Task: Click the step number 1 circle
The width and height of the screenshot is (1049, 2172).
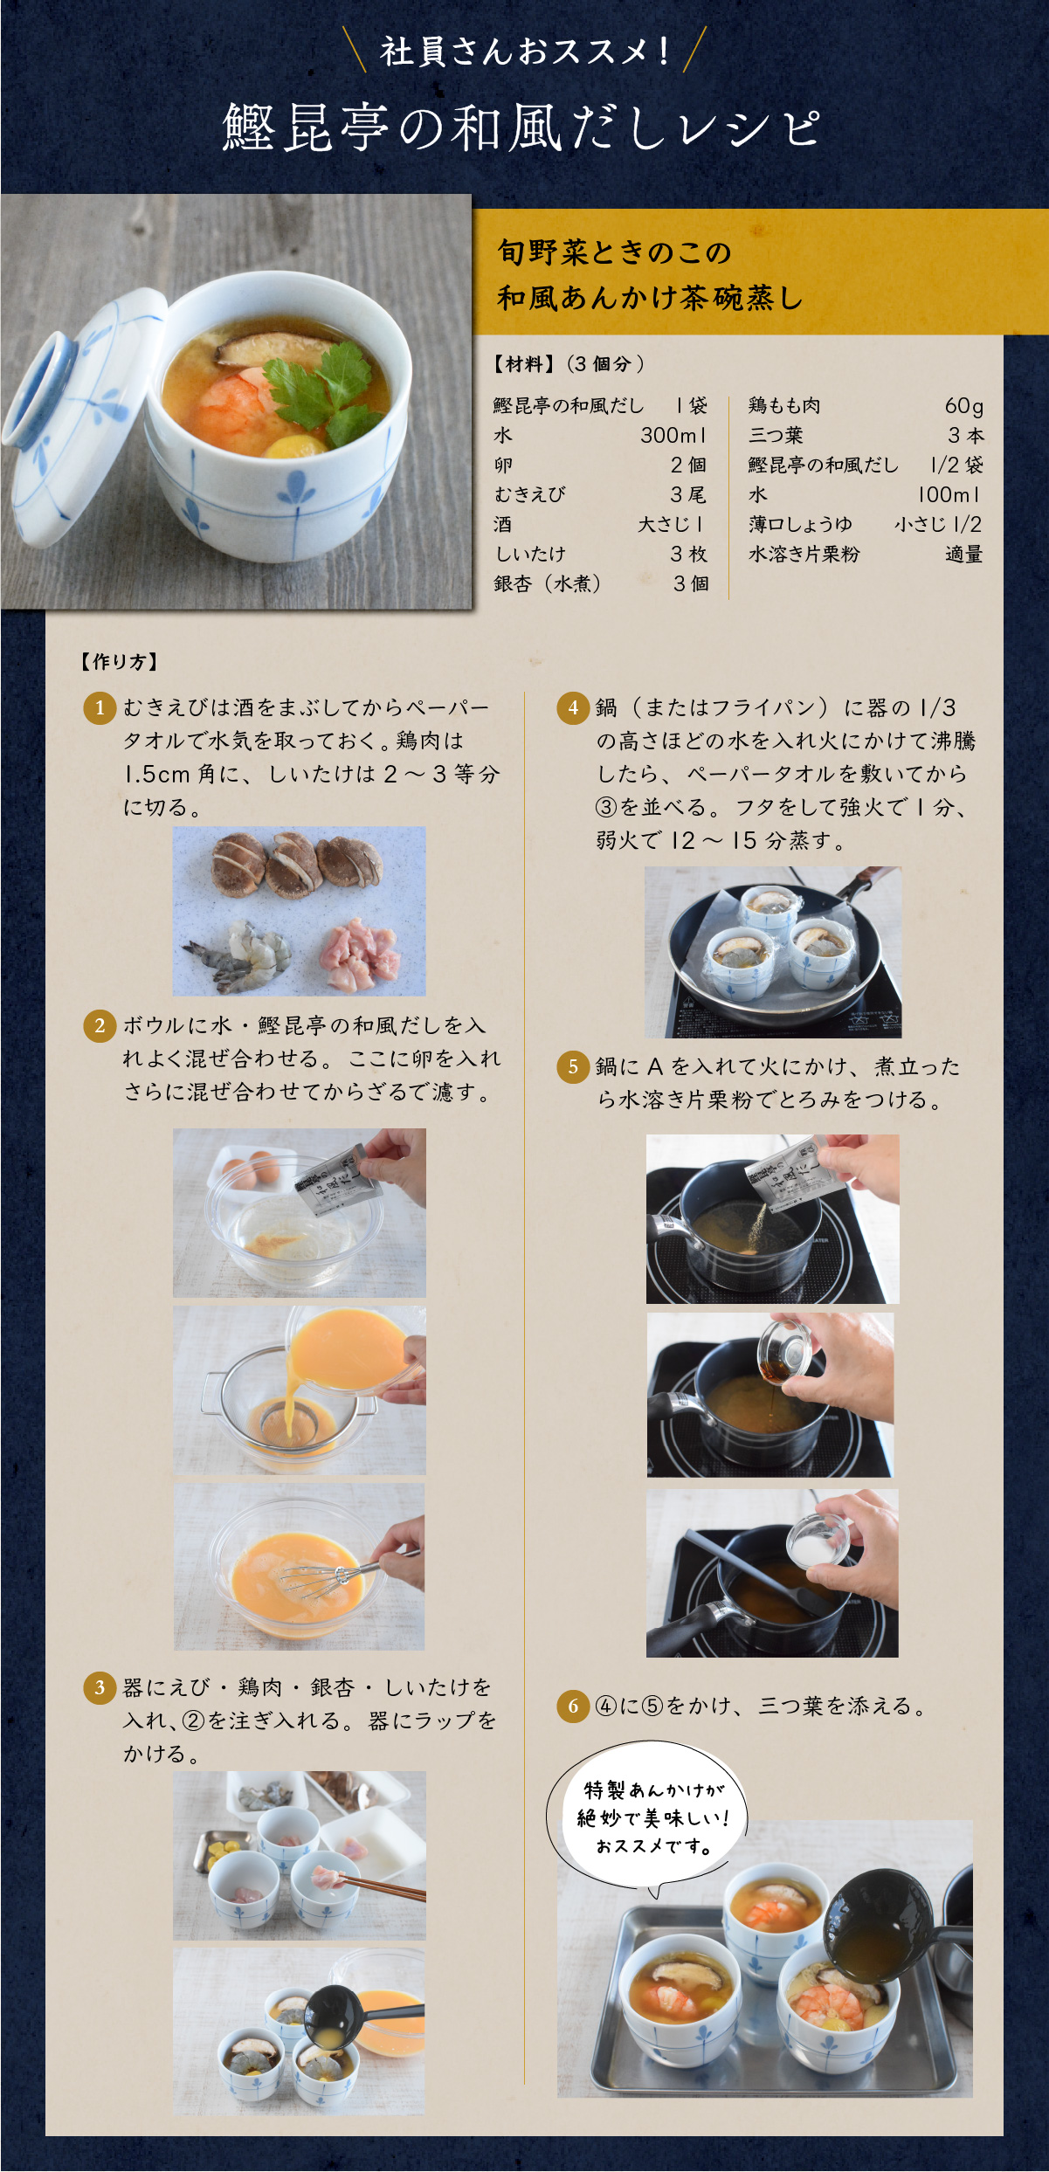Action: (x=100, y=707)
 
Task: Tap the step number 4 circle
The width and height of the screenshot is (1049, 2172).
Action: (x=573, y=707)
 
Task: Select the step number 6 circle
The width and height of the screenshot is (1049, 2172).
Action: (x=573, y=1706)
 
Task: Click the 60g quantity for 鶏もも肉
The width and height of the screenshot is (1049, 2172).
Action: (x=963, y=406)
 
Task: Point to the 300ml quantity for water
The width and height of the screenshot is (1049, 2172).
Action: (x=673, y=435)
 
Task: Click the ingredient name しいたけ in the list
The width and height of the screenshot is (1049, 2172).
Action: (x=530, y=554)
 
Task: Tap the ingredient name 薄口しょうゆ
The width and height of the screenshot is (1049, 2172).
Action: (x=800, y=524)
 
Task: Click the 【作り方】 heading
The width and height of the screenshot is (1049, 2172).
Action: (x=119, y=661)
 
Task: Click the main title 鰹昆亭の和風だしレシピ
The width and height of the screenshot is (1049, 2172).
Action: (x=521, y=128)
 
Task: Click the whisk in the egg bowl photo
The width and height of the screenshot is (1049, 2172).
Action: (x=341, y=1573)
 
